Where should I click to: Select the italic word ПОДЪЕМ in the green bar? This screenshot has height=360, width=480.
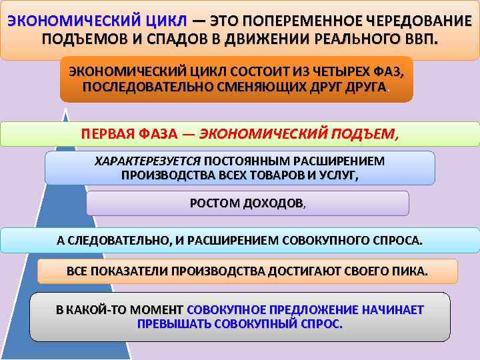366,133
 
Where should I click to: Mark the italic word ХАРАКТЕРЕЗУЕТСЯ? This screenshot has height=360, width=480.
148,161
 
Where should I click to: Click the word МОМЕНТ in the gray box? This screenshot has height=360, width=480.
157,310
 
